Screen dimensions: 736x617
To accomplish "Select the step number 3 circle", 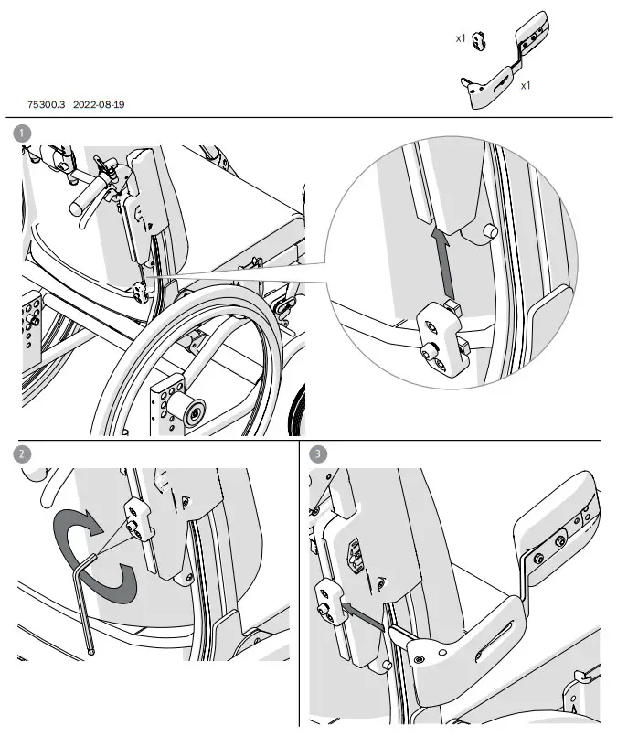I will tap(317, 453).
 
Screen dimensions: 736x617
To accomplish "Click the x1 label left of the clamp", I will tap(462, 39).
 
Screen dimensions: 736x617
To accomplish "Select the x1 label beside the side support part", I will tap(526, 85).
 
